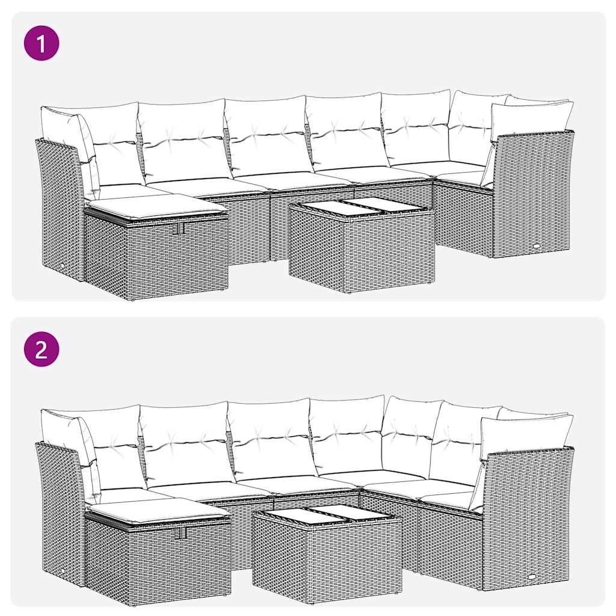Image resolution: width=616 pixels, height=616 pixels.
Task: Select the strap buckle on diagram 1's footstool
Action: tap(176, 230)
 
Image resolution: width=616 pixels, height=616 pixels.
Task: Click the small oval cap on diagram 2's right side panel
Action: tap(534, 575)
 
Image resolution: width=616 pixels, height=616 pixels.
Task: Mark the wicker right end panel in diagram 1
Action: tap(532, 192)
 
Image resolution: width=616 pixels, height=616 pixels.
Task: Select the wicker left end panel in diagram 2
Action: tap(60, 511)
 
